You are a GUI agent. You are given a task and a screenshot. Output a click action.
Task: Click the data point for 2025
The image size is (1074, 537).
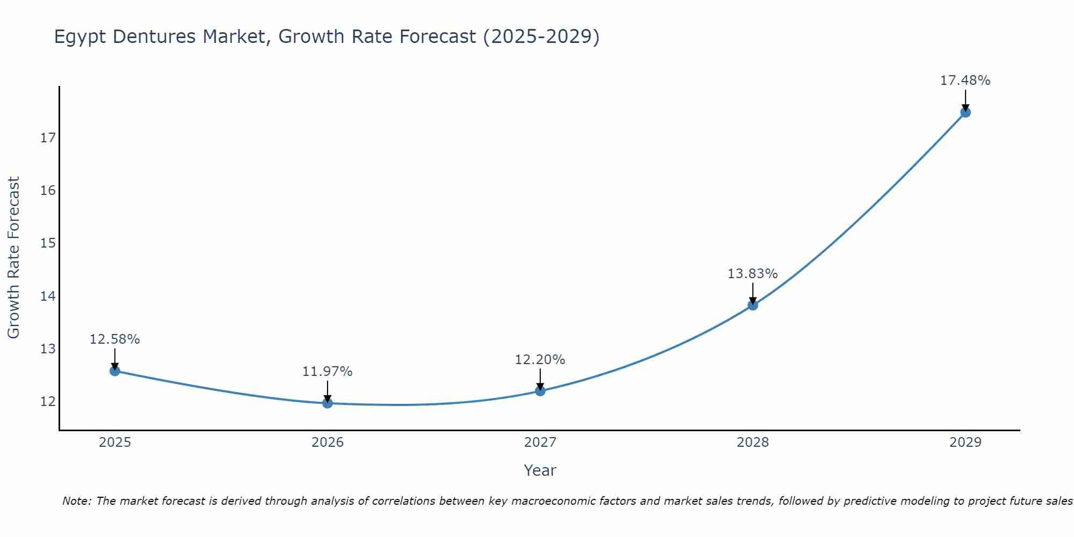click(x=114, y=371)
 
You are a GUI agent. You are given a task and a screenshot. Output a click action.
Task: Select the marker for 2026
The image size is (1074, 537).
click(x=328, y=403)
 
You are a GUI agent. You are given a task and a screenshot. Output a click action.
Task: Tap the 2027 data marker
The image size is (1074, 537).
click(x=540, y=390)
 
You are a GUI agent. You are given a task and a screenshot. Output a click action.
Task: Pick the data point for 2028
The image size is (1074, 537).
click(x=753, y=305)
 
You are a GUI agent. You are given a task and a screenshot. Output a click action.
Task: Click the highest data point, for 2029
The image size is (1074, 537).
click(x=966, y=112)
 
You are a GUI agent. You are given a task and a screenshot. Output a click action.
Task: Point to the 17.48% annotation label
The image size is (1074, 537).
click(x=965, y=81)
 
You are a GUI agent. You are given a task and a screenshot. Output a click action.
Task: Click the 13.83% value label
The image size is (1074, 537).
click(x=752, y=274)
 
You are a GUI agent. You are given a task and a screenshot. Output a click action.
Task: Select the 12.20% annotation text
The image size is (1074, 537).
click(x=540, y=360)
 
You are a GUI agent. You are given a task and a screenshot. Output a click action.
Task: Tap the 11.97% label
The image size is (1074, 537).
click(x=327, y=372)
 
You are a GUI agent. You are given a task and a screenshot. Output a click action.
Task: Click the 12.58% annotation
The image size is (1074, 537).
click(x=114, y=339)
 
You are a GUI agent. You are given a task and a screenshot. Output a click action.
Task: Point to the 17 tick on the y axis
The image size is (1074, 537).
click(x=48, y=138)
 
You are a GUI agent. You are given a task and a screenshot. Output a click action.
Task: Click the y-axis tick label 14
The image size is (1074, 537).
click(x=48, y=296)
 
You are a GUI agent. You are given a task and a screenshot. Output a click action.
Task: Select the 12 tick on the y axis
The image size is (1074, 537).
click(x=48, y=401)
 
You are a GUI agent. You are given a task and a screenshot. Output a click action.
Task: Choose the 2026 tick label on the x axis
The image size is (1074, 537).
click(x=328, y=442)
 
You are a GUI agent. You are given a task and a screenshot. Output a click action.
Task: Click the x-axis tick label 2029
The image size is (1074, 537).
click(x=966, y=442)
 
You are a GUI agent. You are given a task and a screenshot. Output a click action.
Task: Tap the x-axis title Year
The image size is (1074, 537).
click(x=540, y=470)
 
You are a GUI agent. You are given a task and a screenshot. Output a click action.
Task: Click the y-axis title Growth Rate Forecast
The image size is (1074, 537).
click(x=14, y=257)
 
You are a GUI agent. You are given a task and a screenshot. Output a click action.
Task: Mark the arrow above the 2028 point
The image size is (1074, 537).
click(x=753, y=293)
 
